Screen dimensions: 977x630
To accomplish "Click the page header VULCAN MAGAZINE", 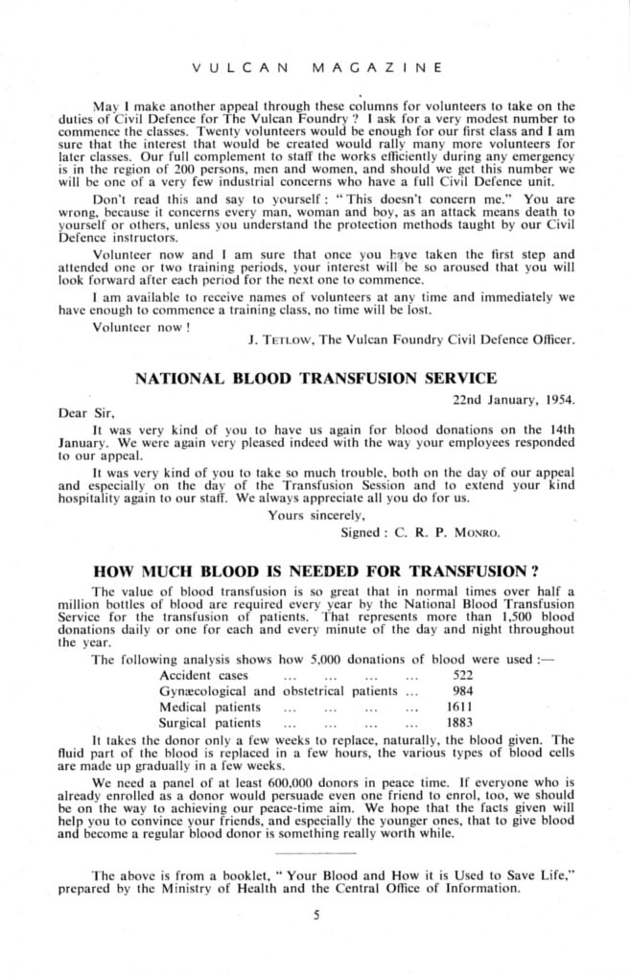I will pos(316,69).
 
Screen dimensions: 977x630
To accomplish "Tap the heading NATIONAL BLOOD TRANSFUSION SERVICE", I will pos(316,378).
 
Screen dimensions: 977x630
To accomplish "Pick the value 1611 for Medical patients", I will pos(462,707).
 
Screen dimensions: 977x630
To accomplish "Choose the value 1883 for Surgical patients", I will pos(462,723).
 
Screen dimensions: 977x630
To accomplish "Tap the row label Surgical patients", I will pos(209,723).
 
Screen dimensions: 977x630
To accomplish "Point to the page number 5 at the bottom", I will pos(315,915).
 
